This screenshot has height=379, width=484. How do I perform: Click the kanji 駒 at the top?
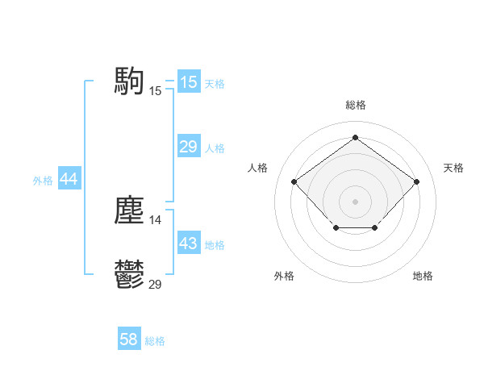[x=129, y=81]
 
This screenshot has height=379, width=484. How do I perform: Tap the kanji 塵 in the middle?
[x=129, y=210]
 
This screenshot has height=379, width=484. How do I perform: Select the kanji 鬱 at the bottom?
[x=129, y=275]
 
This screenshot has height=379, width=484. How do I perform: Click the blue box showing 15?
[x=188, y=82]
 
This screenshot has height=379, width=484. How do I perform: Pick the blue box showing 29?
[x=188, y=147]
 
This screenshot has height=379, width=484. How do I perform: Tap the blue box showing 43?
[x=188, y=244]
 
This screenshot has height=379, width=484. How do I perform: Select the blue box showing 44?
[x=69, y=179]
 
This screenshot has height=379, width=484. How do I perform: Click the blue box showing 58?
[x=129, y=339]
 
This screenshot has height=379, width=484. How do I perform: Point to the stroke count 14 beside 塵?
[x=156, y=219]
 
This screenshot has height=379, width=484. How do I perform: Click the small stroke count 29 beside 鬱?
[x=156, y=284]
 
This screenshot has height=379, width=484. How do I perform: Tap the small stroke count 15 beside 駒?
[x=156, y=90]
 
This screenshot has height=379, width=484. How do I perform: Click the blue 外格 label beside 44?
[x=43, y=181]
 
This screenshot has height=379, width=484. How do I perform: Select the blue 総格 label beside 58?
[x=155, y=341]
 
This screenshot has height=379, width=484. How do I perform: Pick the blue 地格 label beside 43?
[x=215, y=245]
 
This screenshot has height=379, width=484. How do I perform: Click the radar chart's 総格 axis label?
[x=355, y=105]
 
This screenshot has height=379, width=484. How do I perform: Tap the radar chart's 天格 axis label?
[x=453, y=168]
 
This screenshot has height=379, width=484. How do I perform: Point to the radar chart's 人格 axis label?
[x=257, y=168]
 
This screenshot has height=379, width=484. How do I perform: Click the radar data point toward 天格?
[x=416, y=181]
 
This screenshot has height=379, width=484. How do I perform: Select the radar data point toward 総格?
[x=355, y=138]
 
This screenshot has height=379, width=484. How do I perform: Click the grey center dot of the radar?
[x=355, y=201]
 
